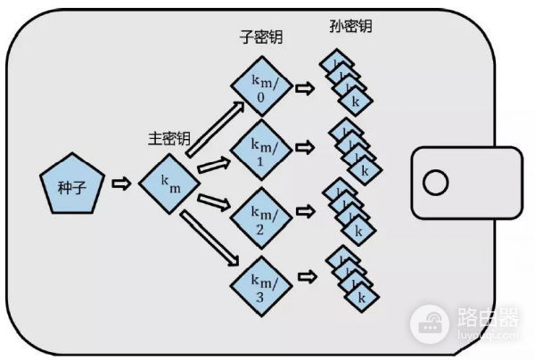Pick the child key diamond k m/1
pyautogui.click(x=259, y=149)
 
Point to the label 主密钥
pyautogui.click(x=169, y=139)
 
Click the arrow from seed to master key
pyautogui.click(x=119, y=184)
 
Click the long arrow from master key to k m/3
pyautogui.click(x=214, y=237)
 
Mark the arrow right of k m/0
pyautogui.click(x=305, y=88)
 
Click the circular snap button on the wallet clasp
pyautogui.click(x=435, y=184)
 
